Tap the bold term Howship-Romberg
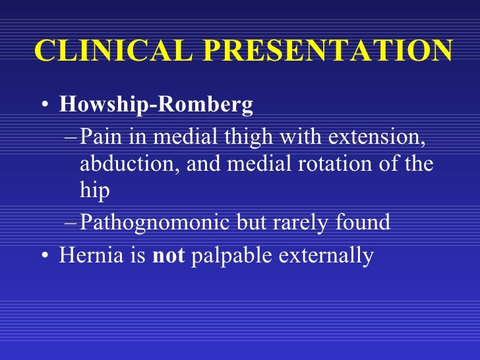(x=156, y=105)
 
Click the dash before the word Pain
(x=71, y=139)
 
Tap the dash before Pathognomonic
(x=71, y=223)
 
